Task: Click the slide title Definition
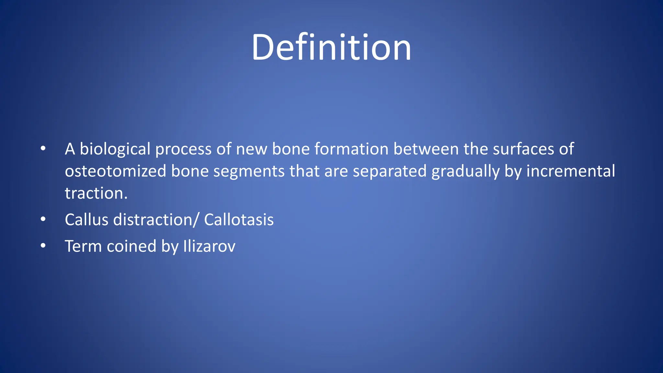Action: pos(331,48)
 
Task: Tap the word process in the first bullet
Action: pos(183,149)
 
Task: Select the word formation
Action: pos(351,149)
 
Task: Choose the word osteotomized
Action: pos(115,171)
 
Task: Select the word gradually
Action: pos(466,171)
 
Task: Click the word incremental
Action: pos(570,171)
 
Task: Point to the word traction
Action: pos(96,193)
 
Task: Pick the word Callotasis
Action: pos(239,220)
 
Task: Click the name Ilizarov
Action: pos(209,246)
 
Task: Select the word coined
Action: pos(131,246)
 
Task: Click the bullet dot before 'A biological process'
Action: pos(43,149)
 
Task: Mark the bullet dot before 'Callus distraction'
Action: pos(43,220)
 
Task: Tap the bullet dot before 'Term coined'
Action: pos(43,246)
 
